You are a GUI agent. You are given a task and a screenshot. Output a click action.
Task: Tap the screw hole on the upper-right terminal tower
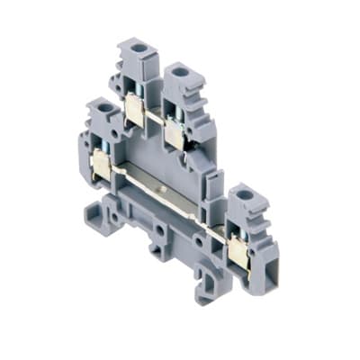pos(179,71)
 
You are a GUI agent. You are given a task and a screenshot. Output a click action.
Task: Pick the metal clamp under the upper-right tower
pos(175,133)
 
